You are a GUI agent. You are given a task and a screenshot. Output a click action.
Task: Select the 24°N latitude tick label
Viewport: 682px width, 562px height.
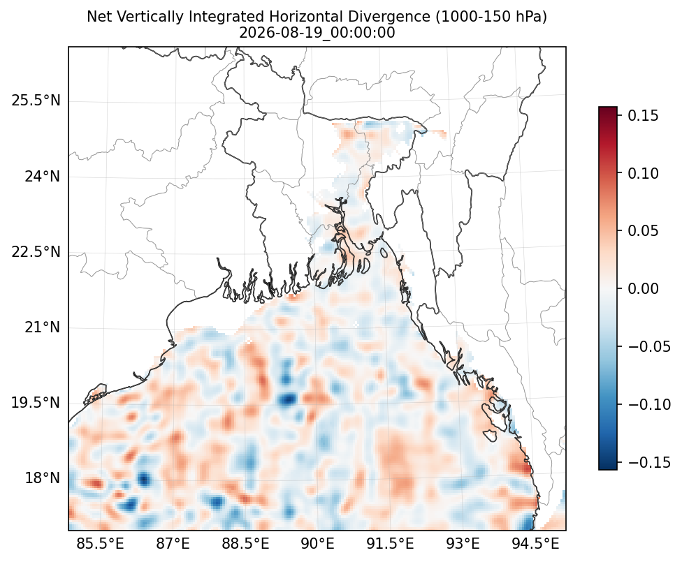42,177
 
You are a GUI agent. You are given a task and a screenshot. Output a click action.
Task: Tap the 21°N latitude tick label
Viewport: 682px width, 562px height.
42,327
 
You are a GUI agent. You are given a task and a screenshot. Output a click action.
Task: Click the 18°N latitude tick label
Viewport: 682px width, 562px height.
42,478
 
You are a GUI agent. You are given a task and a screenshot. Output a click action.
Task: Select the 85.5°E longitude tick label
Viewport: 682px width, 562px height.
101,543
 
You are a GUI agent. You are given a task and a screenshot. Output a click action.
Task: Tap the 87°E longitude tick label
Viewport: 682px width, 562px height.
173,543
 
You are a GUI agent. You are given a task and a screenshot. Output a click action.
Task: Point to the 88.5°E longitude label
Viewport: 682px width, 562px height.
245,543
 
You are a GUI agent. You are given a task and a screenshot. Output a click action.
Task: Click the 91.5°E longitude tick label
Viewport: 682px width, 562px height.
390,543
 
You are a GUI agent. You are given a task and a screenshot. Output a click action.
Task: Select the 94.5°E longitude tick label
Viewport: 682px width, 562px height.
535,543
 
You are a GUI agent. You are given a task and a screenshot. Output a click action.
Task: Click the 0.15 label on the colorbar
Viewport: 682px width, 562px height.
644,116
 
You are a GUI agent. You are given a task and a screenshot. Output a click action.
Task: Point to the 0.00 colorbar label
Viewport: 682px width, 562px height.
644,288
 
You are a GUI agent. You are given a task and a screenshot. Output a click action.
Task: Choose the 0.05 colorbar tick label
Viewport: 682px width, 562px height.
644,231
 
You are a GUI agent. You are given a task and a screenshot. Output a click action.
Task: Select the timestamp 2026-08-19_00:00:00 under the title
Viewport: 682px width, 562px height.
317,33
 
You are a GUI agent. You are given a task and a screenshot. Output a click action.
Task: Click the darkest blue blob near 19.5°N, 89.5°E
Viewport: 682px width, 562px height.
288,399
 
